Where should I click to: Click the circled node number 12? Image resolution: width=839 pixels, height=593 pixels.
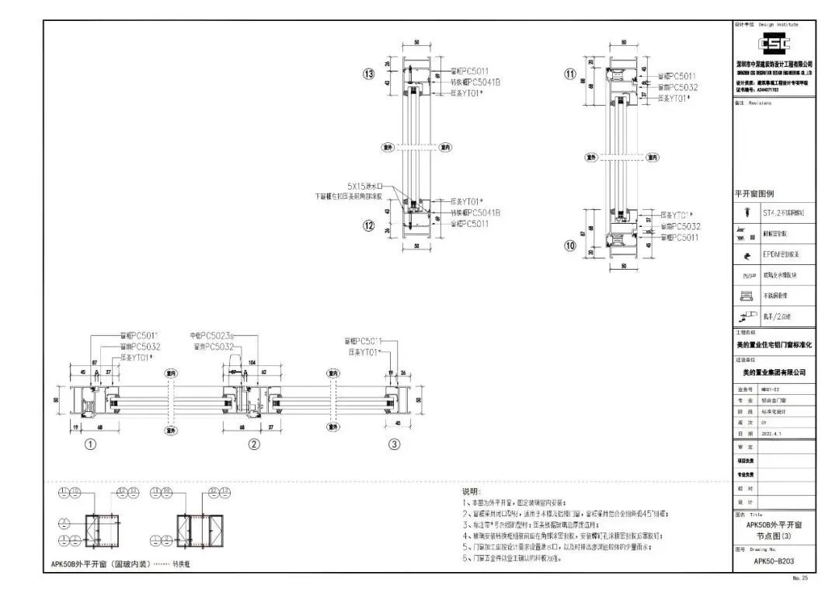(x=369, y=225)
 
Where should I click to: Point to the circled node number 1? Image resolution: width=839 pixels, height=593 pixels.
(x=90, y=445)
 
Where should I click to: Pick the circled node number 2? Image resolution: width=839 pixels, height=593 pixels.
(x=253, y=445)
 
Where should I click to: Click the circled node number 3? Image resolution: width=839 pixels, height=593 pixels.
(x=395, y=445)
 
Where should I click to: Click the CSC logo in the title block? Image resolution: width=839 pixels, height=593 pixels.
(x=774, y=44)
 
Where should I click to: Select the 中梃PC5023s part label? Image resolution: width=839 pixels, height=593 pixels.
(x=212, y=336)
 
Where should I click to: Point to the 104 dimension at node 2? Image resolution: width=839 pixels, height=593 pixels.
(x=252, y=363)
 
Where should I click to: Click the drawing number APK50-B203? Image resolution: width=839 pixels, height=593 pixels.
(x=774, y=560)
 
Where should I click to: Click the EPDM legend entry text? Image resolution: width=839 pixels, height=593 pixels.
(x=787, y=253)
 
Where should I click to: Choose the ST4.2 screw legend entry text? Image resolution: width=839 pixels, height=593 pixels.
(x=788, y=211)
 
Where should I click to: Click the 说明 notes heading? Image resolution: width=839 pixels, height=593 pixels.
(x=472, y=492)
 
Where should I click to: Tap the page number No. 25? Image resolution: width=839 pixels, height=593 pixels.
(x=800, y=578)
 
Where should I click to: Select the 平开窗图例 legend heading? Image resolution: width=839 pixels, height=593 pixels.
(x=754, y=194)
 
